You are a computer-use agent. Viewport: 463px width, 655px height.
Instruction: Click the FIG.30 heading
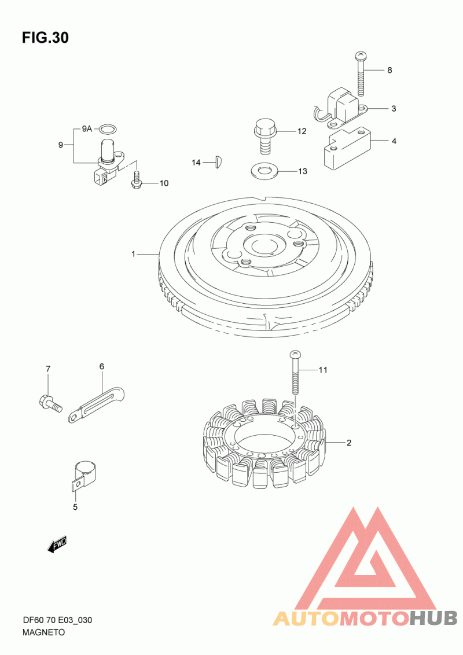[x=45, y=38]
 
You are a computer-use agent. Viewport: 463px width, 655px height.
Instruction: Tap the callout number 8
[x=389, y=70]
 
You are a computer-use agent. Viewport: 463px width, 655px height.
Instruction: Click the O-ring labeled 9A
[x=109, y=128]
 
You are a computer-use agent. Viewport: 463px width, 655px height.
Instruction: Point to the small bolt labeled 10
[x=136, y=179]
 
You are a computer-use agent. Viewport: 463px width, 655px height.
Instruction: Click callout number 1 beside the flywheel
[x=134, y=254]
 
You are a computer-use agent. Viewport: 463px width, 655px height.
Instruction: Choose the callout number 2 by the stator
[x=350, y=443]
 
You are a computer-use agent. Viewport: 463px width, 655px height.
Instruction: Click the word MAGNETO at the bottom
[x=43, y=632]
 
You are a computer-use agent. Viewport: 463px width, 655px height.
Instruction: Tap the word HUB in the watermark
[x=433, y=618]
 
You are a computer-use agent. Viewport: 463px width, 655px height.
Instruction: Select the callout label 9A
[x=86, y=128]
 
